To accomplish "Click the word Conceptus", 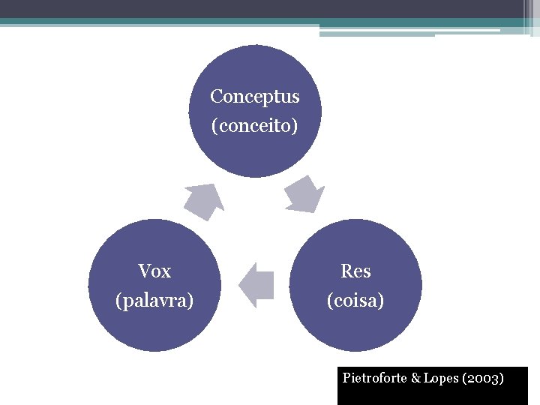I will pyautogui.click(x=254, y=97).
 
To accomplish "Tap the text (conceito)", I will pyautogui.click(x=254, y=125).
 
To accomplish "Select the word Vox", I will pyautogui.click(x=154, y=271).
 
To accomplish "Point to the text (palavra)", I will pyautogui.click(x=154, y=300).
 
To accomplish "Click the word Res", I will pyautogui.click(x=355, y=271).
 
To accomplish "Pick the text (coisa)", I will pyautogui.click(x=355, y=300).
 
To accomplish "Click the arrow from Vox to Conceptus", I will pyautogui.click(x=205, y=200).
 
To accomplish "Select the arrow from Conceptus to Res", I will pyautogui.click(x=304, y=194).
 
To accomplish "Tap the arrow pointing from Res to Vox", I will pyautogui.click(x=256, y=285).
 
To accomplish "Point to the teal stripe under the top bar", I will pyautogui.click(x=150, y=22).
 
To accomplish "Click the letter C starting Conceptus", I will pyautogui.click(x=216, y=97).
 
